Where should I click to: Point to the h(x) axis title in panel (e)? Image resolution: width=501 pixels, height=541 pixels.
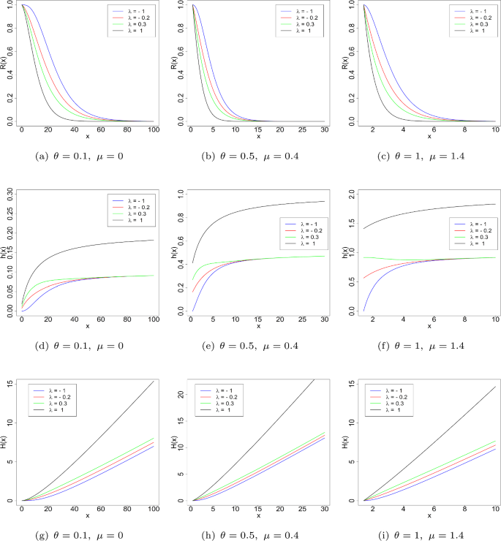tap(177, 252)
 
